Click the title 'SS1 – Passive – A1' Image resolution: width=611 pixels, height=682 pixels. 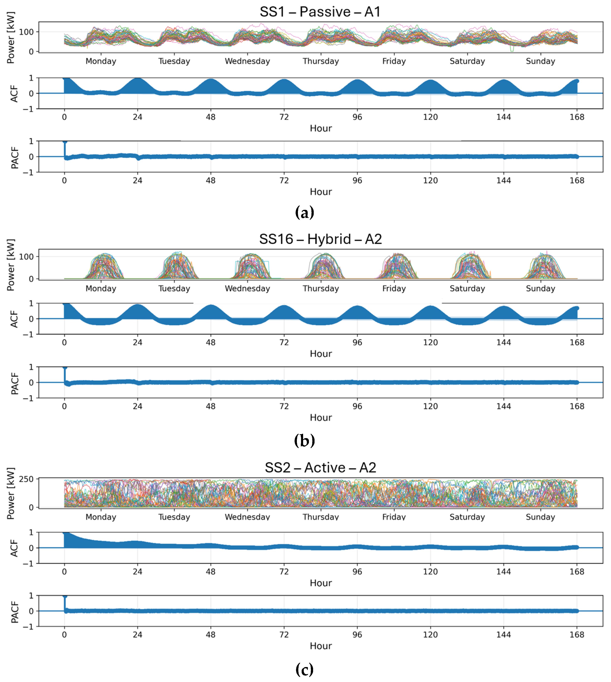point(320,12)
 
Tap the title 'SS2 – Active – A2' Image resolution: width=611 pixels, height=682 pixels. point(320,468)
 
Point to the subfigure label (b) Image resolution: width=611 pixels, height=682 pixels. point(305,440)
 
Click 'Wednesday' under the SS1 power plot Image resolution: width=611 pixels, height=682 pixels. point(247,61)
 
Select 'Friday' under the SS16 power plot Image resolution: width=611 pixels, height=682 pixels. point(394,288)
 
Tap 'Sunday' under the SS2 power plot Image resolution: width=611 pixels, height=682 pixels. point(541,517)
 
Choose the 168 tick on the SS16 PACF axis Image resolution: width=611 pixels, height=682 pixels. point(577,406)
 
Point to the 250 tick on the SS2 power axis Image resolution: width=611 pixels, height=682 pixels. point(26,479)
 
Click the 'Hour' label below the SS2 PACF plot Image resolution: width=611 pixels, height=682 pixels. point(321,646)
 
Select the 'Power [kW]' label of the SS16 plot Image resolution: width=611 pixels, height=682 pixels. point(11,265)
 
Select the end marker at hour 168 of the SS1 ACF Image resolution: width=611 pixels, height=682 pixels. point(577,81)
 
